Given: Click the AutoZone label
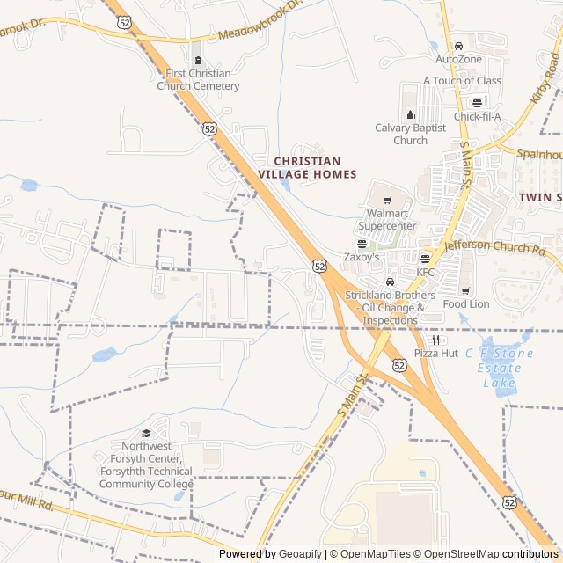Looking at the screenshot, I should (x=458, y=59).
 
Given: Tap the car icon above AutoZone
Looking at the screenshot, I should (x=458, y=46).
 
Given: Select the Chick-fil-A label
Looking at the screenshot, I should (x=477, y=116).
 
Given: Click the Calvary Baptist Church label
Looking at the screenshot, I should (x=410, y=134).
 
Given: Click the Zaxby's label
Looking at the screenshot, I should (x=362, y=257).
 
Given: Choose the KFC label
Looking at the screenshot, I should (x=426, y=272).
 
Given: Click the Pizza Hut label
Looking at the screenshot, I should (x=436, y=353).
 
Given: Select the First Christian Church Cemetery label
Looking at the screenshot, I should (x=198, y=79).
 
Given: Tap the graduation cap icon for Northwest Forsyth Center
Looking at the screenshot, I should (x=146, y=433).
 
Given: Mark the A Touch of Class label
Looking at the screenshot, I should (x=462, y=80).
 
